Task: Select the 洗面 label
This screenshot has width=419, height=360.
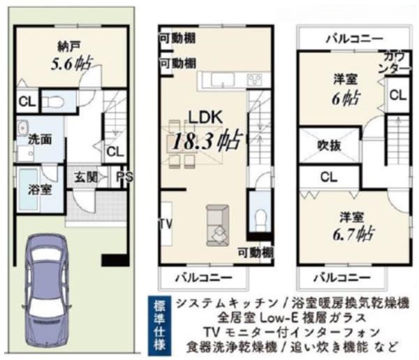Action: [39, 138]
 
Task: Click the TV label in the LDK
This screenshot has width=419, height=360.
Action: [166, 224]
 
